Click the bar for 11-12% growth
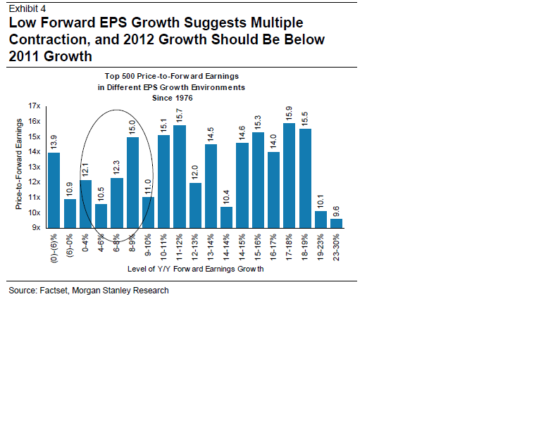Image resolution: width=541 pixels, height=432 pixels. [x=180, y=177]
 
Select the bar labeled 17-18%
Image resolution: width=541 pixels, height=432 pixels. [x=289, y=176]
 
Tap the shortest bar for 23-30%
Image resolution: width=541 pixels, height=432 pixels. [x=336, y=223]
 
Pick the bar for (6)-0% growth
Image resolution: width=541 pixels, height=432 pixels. [x=70, y=214]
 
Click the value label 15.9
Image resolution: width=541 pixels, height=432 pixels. [x=289, y=113]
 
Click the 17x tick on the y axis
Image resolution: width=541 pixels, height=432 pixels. [x=35, y=106]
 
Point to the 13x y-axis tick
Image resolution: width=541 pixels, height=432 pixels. [x=35, y=167]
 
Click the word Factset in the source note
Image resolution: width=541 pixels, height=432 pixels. [x=56, y=290]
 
